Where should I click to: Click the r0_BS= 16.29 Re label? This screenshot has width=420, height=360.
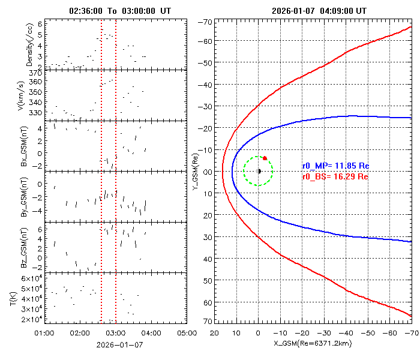tap(335, 177)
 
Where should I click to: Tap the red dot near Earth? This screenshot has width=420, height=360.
tap(265, 158)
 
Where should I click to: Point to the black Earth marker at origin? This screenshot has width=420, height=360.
tap(259, 171)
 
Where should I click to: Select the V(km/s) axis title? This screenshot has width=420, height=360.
tap(29, 95)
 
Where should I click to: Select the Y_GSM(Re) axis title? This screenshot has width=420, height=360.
tap(194, 171)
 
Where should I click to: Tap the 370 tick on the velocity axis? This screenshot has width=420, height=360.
tap(35, 73)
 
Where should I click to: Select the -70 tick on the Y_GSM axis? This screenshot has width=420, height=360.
tap(205, 22)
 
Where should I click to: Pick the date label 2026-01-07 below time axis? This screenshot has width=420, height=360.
tap(120, 345)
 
